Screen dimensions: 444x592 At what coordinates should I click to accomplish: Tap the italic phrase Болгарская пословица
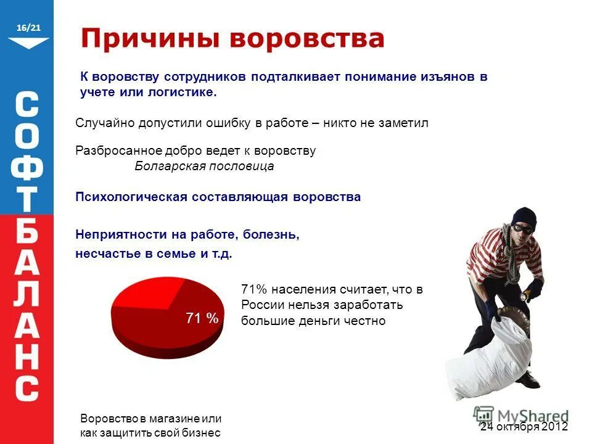204,166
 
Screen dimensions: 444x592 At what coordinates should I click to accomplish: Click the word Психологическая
131,197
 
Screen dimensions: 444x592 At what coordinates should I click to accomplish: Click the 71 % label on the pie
202,318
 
